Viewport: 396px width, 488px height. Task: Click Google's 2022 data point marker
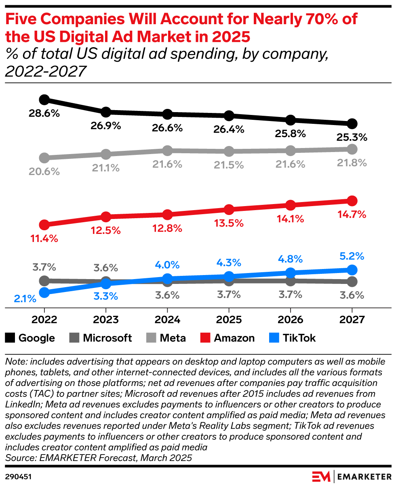click(44, 100)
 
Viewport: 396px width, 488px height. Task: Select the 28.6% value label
click(44, 113)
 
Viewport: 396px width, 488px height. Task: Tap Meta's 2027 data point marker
click(352, 149)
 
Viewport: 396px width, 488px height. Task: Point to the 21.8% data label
click(352, 163)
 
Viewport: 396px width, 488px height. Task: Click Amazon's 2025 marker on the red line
click(229, 210)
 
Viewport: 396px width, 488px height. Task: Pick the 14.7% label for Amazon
click(352, 215)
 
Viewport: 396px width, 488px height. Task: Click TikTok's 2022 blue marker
click(44, 292)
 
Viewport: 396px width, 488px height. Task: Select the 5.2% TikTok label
click(352, 256)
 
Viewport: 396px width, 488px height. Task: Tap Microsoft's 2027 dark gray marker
click(352, 281)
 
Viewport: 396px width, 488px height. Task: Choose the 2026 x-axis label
click(291, 320)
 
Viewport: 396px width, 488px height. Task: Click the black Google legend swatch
click(11, 338)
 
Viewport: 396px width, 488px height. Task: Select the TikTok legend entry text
click(299, 338)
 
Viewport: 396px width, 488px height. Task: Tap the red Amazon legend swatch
click(206, 338)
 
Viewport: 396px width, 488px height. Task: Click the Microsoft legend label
click(107, 338)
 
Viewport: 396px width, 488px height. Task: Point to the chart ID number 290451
click(19, 477)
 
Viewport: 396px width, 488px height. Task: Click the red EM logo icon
click(322, 476)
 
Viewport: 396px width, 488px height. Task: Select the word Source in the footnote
click(19, 458)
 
